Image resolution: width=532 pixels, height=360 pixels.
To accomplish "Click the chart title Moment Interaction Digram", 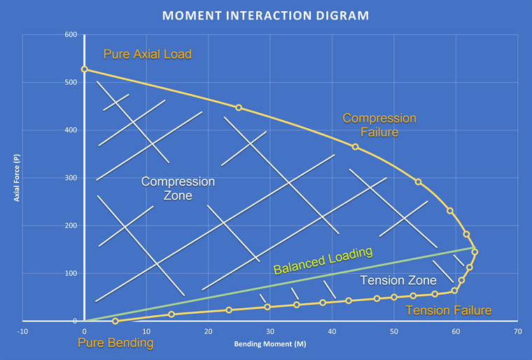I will click(266, 15).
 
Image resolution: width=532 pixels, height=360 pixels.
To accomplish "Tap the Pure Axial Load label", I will click(148, 54).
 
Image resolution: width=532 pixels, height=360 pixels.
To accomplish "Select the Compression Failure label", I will click(379, 125).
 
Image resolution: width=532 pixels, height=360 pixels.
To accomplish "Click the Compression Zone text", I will click(178, 188).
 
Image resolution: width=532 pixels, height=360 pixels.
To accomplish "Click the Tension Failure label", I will click(448, 310).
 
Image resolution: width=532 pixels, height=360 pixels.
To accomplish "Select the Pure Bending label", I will click(115, 342).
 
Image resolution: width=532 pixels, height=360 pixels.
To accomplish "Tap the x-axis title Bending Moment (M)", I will click(269, 345).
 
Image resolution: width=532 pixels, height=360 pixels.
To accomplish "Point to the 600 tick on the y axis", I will click(71, 35).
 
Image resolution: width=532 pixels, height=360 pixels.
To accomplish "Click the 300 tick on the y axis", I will click(71, 178).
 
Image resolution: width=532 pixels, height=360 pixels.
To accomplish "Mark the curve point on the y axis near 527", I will click(85, 69).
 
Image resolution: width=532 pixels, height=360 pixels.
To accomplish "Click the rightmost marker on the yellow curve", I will click(475, 251).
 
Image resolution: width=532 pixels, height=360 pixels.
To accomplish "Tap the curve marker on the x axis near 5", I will click(115, 321).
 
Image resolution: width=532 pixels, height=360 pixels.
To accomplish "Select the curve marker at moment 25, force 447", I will click(239, 107).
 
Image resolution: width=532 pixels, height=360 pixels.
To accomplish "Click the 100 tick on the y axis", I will click(71, 273).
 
